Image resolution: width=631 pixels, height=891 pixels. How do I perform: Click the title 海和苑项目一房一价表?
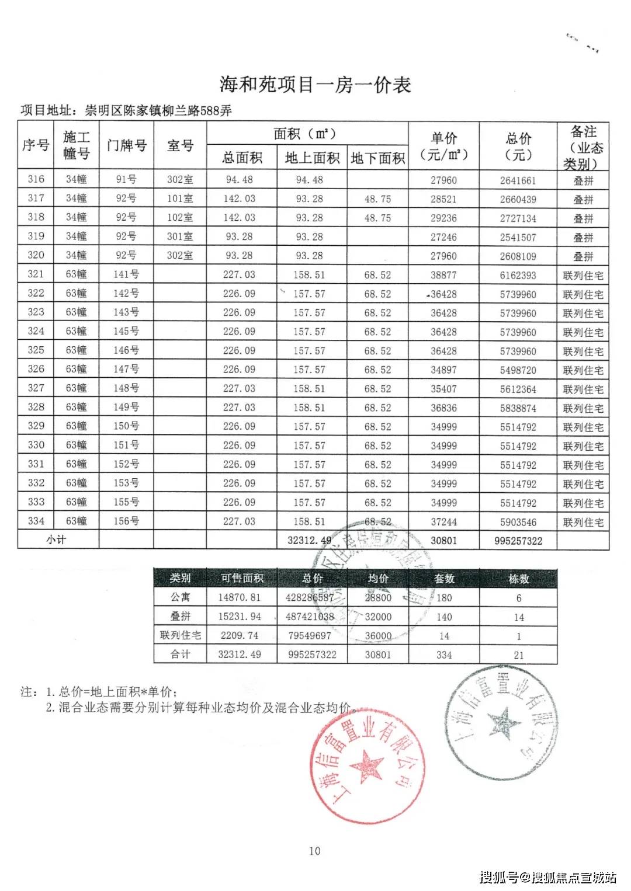315,85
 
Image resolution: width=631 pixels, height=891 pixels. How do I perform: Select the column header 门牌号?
126,145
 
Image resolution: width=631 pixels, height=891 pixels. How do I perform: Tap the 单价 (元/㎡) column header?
443,146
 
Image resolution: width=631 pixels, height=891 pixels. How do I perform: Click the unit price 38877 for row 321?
443,275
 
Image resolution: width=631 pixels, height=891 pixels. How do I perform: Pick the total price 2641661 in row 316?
518,180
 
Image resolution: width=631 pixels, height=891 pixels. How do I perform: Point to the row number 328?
36,407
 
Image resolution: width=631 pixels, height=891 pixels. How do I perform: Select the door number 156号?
126,521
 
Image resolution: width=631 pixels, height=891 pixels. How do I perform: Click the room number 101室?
180,199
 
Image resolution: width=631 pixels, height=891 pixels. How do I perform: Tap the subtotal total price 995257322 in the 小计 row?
518,541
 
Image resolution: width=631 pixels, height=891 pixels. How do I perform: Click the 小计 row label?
57,540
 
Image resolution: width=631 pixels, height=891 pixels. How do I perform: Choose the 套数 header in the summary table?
444,579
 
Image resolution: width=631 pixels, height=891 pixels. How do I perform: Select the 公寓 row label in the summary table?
180,597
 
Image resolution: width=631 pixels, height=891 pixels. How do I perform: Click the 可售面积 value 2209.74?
240,635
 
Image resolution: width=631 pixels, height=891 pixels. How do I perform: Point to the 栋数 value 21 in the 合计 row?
519,655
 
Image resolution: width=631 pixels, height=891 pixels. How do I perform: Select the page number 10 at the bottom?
315,851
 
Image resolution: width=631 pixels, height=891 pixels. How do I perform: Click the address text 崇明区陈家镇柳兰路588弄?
158,110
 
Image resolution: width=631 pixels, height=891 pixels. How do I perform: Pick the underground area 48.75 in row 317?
377,199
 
